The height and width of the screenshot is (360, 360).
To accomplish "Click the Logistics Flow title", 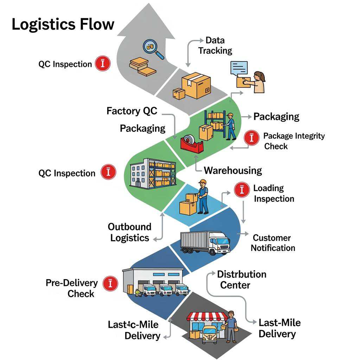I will (63, 24).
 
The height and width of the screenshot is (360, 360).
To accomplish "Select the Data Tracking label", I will (215, 45).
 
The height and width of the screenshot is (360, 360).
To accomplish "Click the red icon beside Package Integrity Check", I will (251, 138).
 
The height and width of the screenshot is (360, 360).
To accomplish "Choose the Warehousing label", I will (233, 171).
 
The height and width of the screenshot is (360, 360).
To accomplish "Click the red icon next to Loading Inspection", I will (242, 190).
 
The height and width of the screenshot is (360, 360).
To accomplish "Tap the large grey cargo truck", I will (205, 242).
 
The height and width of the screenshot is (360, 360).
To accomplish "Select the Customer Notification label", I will (272, 243).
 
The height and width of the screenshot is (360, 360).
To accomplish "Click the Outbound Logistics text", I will (130, 232).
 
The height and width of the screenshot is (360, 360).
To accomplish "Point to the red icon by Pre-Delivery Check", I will (110, 284).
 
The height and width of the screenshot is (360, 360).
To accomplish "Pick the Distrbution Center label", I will (242, 279).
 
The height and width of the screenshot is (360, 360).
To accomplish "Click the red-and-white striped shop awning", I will (207, 316).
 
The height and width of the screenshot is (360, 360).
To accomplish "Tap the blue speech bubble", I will (239, 68).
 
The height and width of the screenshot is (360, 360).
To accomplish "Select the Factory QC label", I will (132, 111).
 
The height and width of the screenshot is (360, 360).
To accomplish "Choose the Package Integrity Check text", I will (294, 141).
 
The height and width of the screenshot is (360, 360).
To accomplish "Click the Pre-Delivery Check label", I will (72, 288).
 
